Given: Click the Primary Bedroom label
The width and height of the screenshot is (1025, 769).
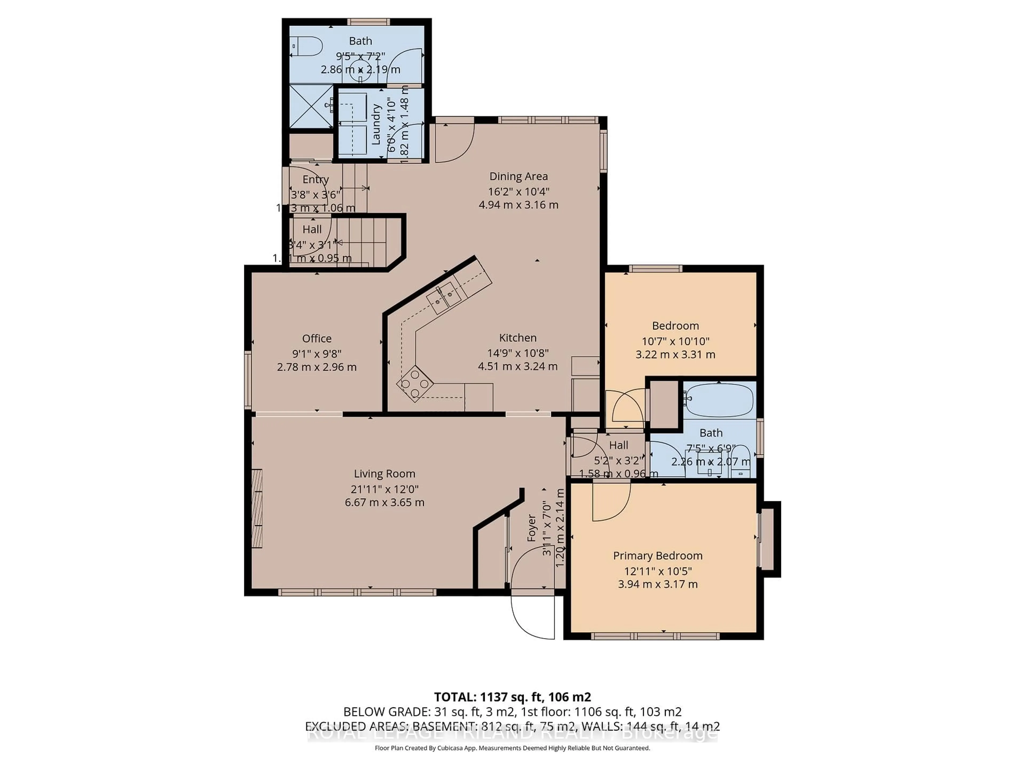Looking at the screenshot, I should (x=657, y=556).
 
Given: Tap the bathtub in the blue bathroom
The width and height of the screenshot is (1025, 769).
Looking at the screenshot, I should (x=719, y=399).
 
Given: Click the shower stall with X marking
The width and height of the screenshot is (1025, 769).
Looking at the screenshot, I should (x=310, y=107).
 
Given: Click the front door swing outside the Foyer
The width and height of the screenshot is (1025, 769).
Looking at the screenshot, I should (x=533, y=617).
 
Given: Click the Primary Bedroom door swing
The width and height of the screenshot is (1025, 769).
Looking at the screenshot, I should (x=611, y=501).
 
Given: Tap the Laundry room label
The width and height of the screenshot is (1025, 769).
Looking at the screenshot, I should (x=376, y=124).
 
